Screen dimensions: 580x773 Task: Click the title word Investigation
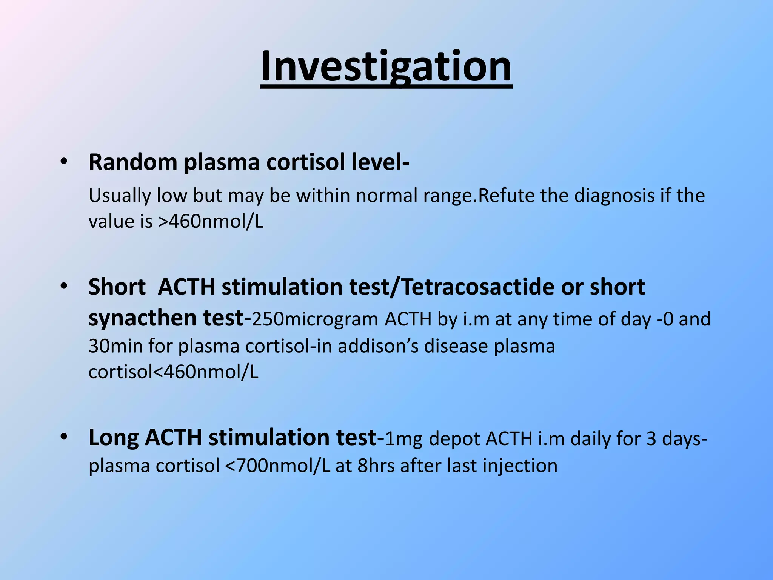pyautogui.click(x=386, y=67)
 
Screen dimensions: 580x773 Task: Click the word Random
pyautogui.click(x=133, y=162)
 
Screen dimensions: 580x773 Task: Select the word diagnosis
pyautogui.click(x=614, y=196)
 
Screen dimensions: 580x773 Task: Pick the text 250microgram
pyautogui.click(x=314, y=319)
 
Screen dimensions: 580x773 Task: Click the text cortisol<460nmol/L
pyautogui.click(x=173, y=372)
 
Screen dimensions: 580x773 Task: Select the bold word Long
pyautogui.click(x=114, y=438)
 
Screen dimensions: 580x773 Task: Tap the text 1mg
pyautogui.click(x=403, y=439)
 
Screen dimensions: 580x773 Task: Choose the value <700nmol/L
pyautogui.click(x=277, y=466)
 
